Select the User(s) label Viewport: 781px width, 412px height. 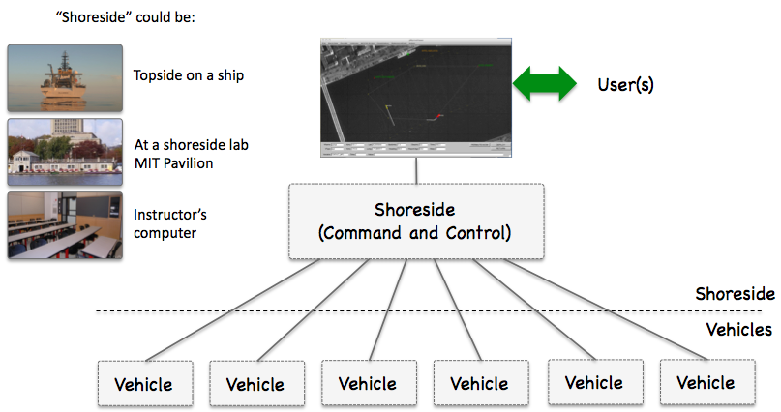point(626,85)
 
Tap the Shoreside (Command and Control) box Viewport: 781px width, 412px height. point(416,221)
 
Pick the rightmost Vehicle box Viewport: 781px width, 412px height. point(706,383)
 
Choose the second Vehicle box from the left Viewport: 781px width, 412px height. point(256,384)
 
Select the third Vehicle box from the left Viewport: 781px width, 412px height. point(369,384)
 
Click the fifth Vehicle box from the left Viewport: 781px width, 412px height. point(595,383)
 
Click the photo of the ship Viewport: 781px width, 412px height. point(65,76)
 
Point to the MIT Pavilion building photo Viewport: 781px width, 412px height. point(65,152)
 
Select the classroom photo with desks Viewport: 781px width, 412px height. point(65,224)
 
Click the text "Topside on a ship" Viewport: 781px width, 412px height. point(189,74)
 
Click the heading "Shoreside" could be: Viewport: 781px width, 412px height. point(129,16)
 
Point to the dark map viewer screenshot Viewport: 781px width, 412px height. point(416,97)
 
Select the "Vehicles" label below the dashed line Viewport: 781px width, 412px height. point(737,330)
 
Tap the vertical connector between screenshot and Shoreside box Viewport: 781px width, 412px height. point(416,171)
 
